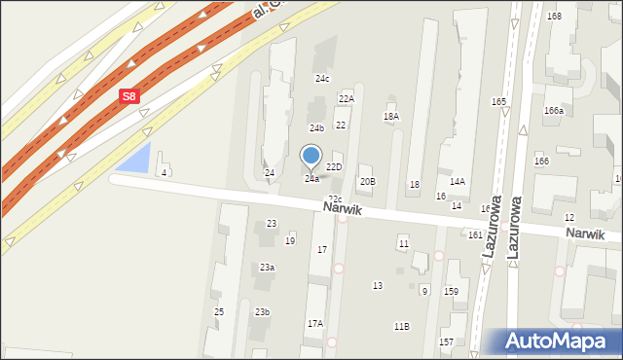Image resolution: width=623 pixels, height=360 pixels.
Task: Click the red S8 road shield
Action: click(129, 96)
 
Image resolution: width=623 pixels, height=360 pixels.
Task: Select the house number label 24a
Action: click(311, 179)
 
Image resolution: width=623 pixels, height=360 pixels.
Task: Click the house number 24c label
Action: click(322, 78)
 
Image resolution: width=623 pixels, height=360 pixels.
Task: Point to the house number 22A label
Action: click(346, 99)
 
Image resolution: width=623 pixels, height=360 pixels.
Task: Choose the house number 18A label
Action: click(391, 117)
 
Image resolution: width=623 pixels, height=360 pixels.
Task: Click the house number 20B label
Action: click(367, 182)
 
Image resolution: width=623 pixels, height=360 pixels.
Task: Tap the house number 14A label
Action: click(457, 182)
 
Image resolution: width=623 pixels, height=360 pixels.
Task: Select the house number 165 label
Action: click(499, 102)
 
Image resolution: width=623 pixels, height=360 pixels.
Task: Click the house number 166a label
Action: click(554, 111)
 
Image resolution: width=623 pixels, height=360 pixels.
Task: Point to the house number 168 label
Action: click(554, 17)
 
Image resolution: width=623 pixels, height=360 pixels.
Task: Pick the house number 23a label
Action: click(266, 268)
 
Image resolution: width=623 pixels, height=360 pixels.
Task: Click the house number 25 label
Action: click(219, 311)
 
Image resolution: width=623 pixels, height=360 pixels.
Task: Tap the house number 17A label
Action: click(314, 323)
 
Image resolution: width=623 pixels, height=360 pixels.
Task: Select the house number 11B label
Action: click(401, 327)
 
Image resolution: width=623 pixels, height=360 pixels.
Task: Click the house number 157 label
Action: click(446, 342)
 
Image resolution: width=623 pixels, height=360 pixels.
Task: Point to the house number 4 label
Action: click(165, 173)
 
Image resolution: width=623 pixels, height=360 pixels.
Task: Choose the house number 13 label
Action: click(378, 285)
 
